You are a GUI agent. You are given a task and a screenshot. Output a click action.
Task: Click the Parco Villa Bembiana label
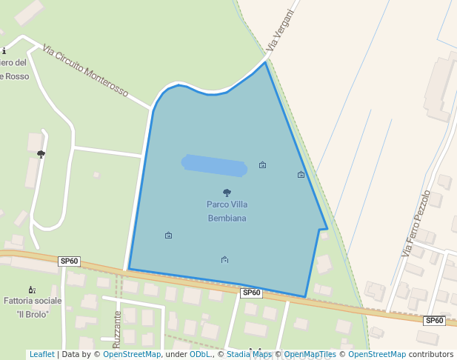[227, 211]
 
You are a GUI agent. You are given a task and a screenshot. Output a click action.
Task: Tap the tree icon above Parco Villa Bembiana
[227, 193]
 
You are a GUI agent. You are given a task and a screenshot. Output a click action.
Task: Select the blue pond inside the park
[214, 166]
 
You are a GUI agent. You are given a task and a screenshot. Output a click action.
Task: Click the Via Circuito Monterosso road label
[85, 72]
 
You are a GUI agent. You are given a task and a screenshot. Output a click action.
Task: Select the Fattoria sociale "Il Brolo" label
[33, 307]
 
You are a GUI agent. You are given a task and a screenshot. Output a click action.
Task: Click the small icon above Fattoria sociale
[31, 290]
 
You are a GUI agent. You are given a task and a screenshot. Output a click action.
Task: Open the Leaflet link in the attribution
[41, 355]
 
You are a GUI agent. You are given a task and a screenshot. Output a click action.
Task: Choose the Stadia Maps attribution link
[250, 355]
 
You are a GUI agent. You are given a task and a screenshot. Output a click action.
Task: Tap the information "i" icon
[4, 51]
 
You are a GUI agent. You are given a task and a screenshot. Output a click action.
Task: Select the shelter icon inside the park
[224, 259]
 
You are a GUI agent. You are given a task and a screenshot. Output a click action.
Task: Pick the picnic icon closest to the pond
[262, 165]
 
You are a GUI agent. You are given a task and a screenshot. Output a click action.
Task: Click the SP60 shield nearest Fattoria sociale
[69, 261]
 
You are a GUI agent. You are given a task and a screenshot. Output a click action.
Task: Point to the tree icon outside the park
[41, 154]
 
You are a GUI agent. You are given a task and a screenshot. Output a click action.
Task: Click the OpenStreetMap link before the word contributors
[376, 355]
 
